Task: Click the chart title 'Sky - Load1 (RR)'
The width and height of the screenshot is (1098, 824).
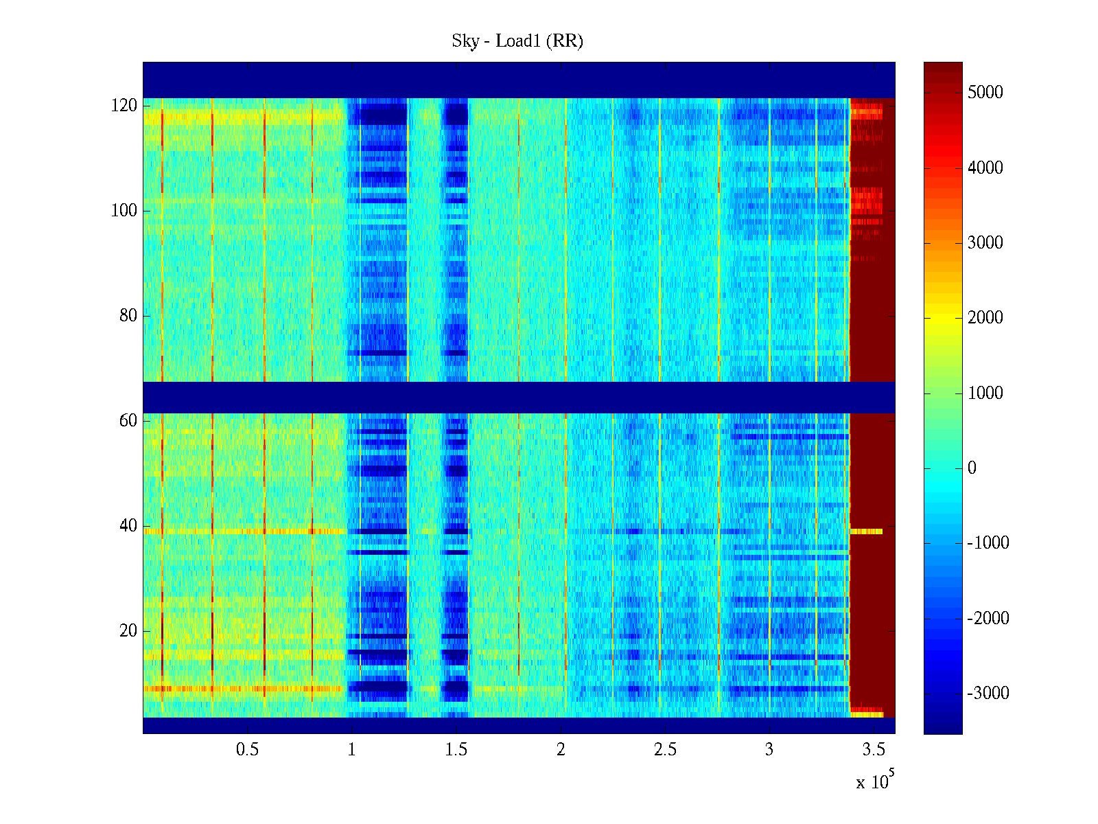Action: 517,41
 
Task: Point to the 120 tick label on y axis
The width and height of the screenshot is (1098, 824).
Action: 124,106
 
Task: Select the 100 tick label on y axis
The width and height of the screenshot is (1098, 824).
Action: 124,211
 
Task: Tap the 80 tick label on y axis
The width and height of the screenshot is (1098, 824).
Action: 128,316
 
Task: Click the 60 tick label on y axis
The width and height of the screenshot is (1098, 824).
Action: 128,421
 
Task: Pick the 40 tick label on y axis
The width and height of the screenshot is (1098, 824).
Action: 128,526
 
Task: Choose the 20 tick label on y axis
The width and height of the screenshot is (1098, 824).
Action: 128,631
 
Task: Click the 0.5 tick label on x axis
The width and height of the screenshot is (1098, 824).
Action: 247,750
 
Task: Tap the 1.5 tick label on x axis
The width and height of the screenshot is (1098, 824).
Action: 456,750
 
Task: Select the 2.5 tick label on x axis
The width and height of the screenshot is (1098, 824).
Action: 665,750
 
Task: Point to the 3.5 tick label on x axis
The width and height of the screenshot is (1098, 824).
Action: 874,750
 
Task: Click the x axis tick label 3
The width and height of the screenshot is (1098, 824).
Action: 769,750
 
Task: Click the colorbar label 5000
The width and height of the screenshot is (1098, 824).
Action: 985,93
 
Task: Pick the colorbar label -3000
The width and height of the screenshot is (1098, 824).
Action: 988,694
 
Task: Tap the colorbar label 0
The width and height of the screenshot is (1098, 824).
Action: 972,468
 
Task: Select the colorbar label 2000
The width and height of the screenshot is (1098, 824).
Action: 985,318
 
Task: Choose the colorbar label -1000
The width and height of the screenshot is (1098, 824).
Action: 988,543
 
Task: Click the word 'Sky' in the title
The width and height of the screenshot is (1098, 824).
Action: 465,41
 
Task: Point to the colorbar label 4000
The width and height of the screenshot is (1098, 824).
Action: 985,168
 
